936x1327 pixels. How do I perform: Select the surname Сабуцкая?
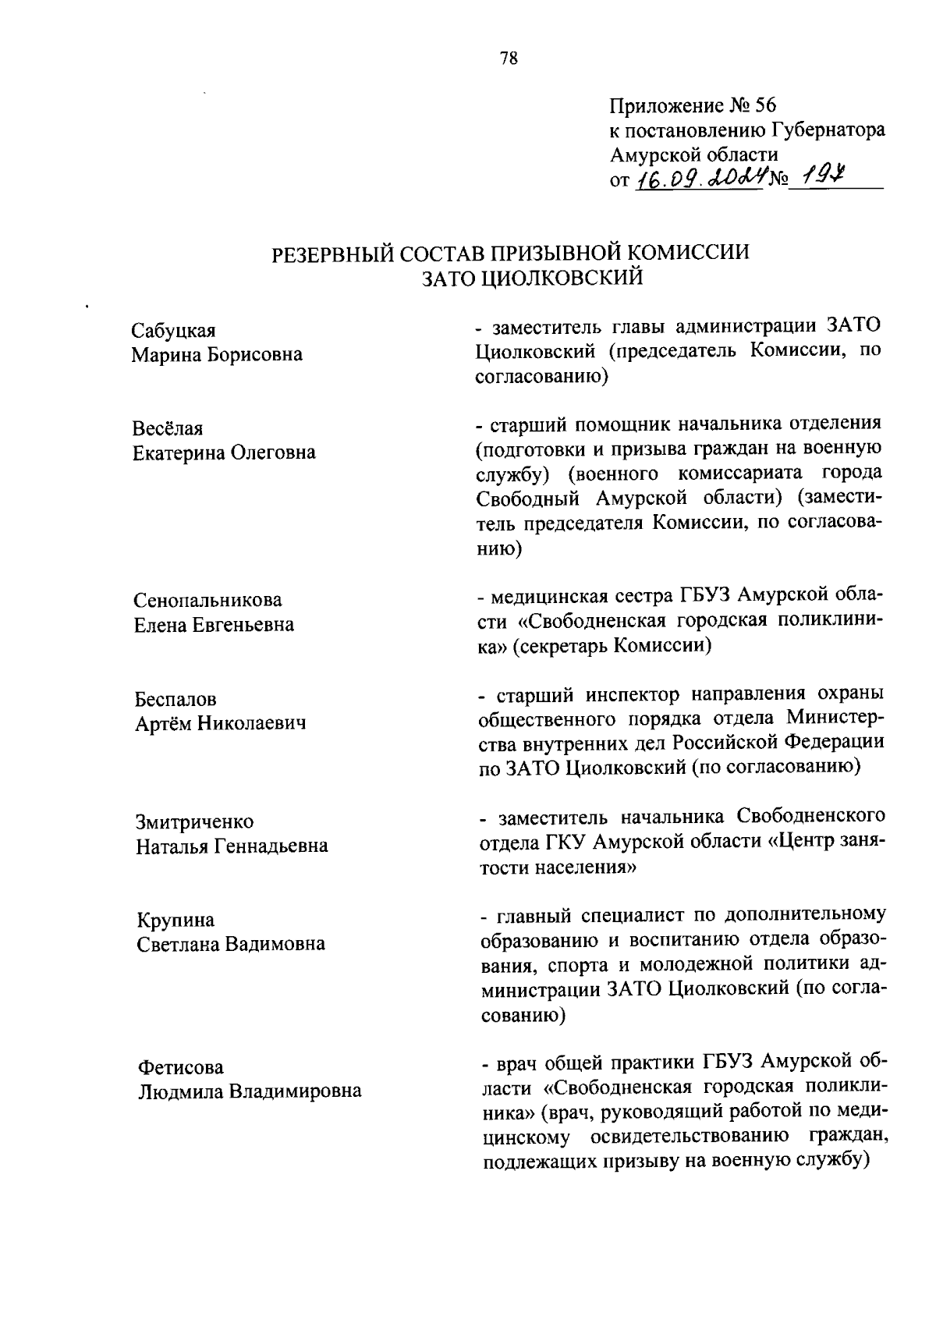pos(173,332)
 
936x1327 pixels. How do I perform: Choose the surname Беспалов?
pos(175,699)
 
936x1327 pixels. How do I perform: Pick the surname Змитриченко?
pos(195,821)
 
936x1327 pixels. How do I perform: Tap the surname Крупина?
pos(175,920)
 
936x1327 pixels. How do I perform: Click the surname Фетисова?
pos(180,1066)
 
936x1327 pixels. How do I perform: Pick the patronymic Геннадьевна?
pos(271,846)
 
